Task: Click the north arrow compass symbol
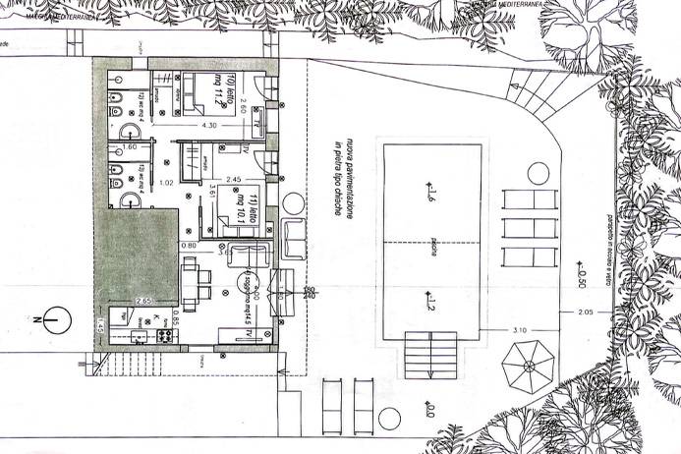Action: point(57,319)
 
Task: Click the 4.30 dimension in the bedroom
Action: point(209,125)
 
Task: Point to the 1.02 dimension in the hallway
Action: point(166,184)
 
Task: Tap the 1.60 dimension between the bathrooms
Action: point(130,147)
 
